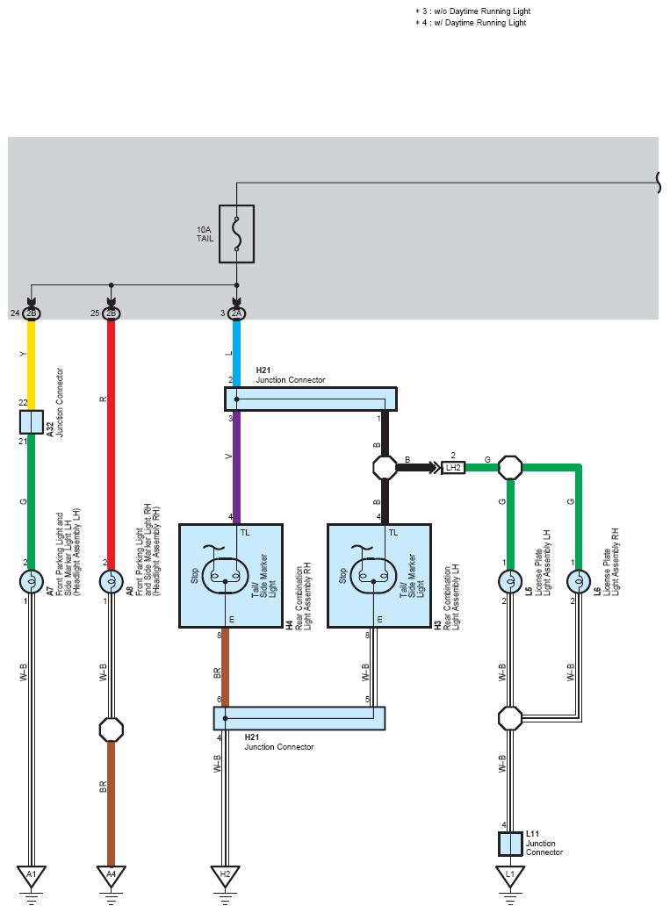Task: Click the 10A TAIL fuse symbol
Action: coord(236,234)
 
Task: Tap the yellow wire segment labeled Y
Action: coord(32,365)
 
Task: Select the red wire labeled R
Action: coord(112,444)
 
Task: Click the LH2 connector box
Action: coord(453,468)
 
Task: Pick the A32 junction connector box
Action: coord(32,422)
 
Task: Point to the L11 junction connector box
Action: coord(510,844)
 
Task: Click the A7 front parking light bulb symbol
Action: coord(32,581)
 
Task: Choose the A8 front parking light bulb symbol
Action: coord(112,581)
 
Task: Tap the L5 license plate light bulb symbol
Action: coord(510,581)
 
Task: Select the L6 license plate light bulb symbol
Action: coord(579,581)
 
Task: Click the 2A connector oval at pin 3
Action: coord(236,313)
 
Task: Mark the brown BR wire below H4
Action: coord(226,667)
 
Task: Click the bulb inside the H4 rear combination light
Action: coord(226,576)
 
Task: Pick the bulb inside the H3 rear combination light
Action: coord(374,576)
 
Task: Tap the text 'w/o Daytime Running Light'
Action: coord(482,11)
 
